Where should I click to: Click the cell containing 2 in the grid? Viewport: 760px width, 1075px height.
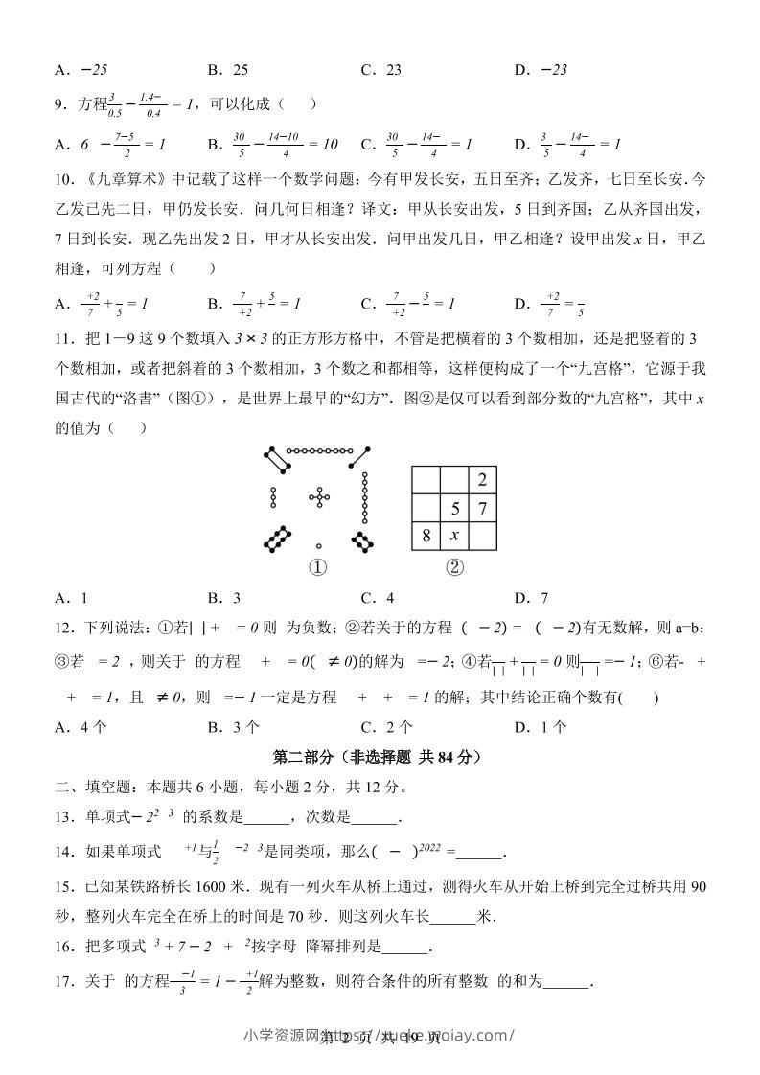pyautogui.click(x=483, y=480)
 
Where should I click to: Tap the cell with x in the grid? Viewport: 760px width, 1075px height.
pyautogui.click(x=455, y=536)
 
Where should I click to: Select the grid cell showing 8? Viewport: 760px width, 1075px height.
pyautogui.click(x=426, y=536)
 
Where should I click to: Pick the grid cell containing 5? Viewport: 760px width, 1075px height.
pyautogui.click(x=455, y=508)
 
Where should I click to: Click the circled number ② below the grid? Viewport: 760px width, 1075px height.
pyautogui.click(x=454, y=567)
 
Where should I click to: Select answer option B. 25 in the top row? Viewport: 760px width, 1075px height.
pyautogui.click(x=228, y=70)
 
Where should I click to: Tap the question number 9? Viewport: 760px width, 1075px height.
pyautogui.click(x=59, y=103)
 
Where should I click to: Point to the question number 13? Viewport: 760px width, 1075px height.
pyautogui.click(x=63, y=818)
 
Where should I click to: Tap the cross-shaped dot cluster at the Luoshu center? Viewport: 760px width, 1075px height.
pyautogui.click(x=318, y=497)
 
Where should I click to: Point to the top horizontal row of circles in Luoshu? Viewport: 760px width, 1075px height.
pyautogui.click(x=320, y=449)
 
